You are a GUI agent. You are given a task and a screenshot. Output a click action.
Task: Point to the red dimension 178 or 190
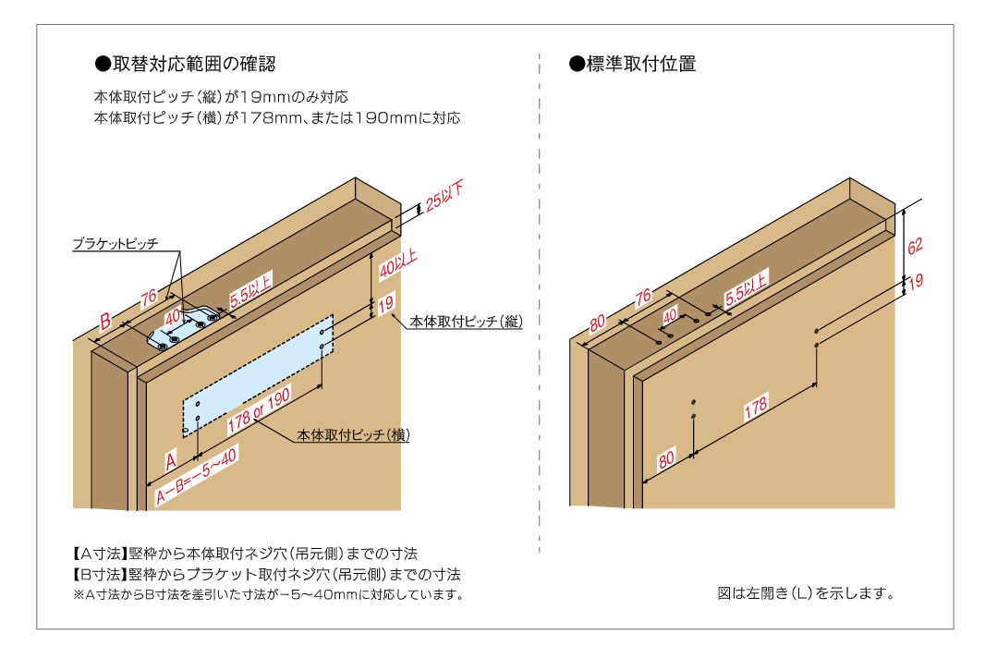260,410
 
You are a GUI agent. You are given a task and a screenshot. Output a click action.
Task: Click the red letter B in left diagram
106,322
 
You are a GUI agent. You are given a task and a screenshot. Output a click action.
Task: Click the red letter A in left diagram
171,459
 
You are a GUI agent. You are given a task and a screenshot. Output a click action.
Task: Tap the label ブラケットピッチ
116,244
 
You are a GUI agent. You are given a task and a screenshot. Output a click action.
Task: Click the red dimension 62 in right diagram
915,246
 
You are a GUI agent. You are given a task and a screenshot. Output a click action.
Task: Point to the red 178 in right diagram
755,408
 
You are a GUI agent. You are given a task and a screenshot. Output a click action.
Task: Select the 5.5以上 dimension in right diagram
747,286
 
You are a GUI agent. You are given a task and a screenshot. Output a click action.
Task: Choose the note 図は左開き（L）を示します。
805,592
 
